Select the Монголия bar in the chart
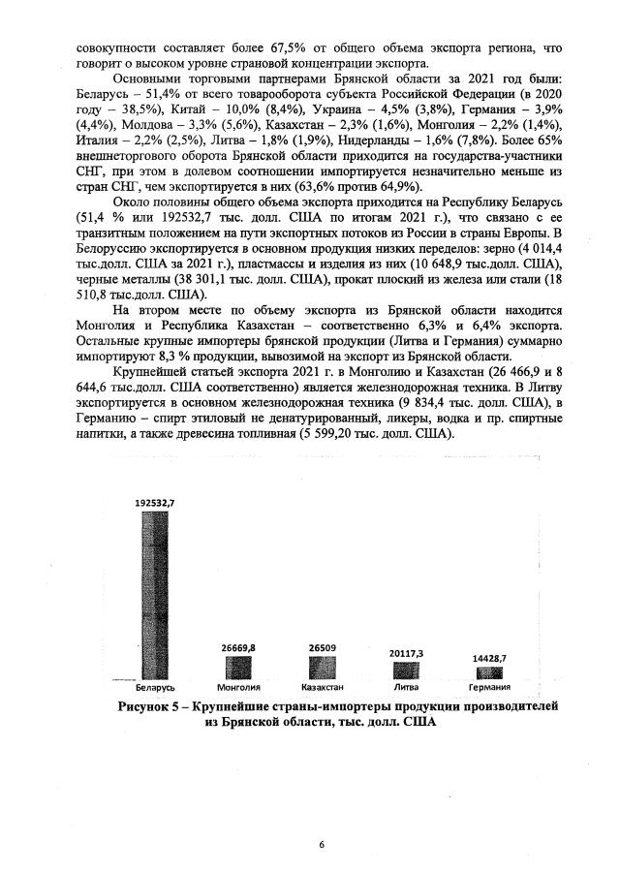[238, 668]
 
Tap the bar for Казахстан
[323, 668]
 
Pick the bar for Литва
[407, 670]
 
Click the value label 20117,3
[407, 653]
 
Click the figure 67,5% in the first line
[272, 46]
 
